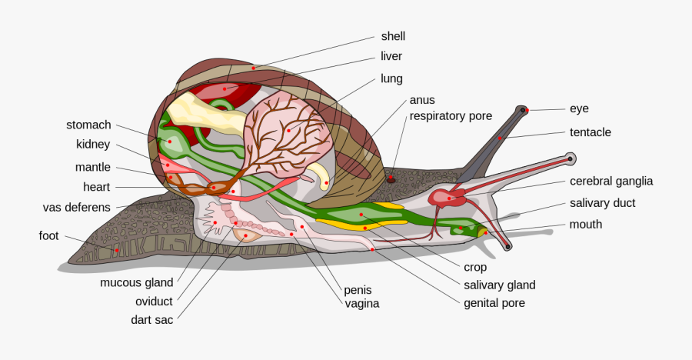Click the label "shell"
coord(393,36)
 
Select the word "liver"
coord(391,56)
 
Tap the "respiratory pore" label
coord(451,116)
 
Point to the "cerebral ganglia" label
coord(610,182)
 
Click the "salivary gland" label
coord(499,285)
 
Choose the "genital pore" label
coord(494,303)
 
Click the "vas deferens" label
coord(76,207)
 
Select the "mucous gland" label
coord(137,282)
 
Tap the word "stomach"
coord(88,125)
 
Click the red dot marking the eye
coord(524,111)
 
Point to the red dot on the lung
coord(288,130)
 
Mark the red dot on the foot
coord(116,250)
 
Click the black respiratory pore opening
coord(391,178)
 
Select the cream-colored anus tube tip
coord(326,182)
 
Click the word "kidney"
coord(93,145)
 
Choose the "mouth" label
coord(585,225)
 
